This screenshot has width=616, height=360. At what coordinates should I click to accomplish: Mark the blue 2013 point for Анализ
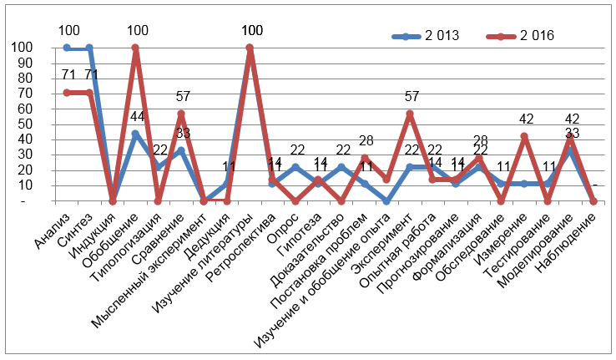[67, 48]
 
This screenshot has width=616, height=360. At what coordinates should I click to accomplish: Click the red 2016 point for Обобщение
[135, 48]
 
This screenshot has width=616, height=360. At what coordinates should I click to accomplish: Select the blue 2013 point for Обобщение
[135, 134]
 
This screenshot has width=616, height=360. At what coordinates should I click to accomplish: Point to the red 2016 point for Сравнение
[181, 114]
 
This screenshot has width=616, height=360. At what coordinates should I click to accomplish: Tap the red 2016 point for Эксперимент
[410, 114]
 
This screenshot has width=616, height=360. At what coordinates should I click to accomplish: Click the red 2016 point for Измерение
[524, 136]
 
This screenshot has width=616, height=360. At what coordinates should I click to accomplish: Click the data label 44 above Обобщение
[138, 117]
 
